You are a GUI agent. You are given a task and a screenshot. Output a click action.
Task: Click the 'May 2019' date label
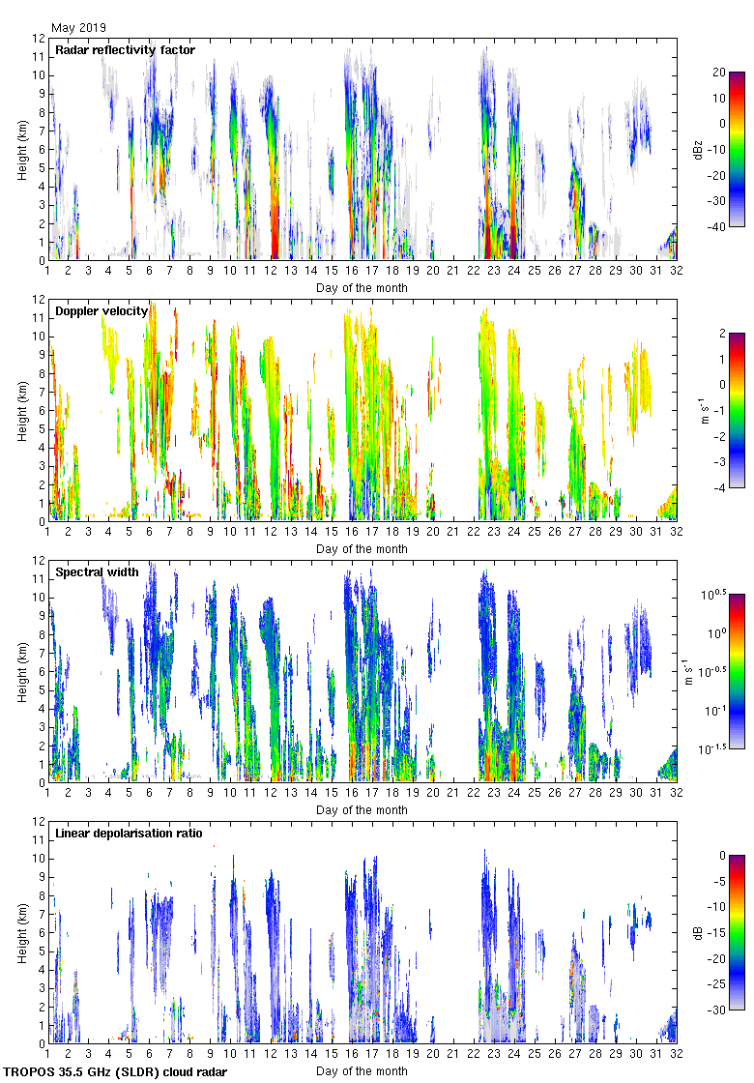pos(78,28)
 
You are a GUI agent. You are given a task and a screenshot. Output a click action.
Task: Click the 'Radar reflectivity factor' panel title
pos(125,50)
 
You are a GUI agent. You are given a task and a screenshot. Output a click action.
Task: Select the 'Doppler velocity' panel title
pos(101,311)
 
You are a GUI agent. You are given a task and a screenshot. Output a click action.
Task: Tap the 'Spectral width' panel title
pos(97,572)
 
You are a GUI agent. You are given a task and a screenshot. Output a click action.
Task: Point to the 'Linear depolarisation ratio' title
pos(129,834)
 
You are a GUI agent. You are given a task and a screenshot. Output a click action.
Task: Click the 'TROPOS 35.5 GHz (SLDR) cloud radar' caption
pos(115,1072)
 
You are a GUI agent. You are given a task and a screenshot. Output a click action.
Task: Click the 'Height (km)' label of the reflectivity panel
pos(21,149)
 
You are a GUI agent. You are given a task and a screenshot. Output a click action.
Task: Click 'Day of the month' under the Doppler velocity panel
pos(362,549)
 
